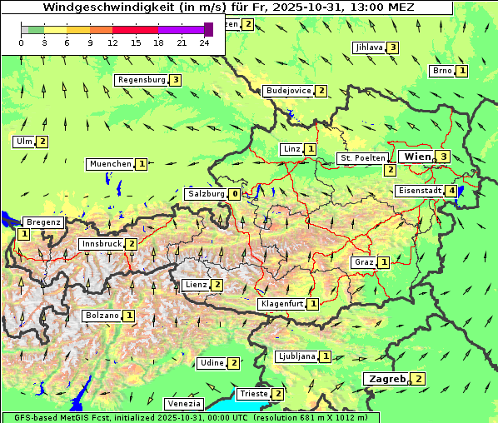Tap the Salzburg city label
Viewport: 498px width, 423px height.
tap(206, 194)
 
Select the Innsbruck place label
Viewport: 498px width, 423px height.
tap(101, 244)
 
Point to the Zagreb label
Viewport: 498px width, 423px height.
tap(386, 379)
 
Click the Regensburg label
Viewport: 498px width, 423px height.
tap(142, 80)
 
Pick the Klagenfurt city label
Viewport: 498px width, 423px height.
tap(281, 304)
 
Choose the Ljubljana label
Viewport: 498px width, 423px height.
tap(296, 356)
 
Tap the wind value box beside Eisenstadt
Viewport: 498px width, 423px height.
tap(451, 191)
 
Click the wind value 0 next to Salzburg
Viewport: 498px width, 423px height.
tap(235, 194)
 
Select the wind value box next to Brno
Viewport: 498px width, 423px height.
tap(462, 71)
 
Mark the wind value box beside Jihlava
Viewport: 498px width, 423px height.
tap(392, 47)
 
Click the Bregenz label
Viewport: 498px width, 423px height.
tap(43, 222)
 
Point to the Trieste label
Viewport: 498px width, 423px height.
tap(253, 394)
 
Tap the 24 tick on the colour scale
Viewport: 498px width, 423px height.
tap(204, 42)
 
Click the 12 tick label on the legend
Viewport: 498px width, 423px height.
tap(112, 42)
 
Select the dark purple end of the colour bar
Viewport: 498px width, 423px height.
tap(208, 29)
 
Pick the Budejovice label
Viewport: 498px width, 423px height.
tap(288, 90)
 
